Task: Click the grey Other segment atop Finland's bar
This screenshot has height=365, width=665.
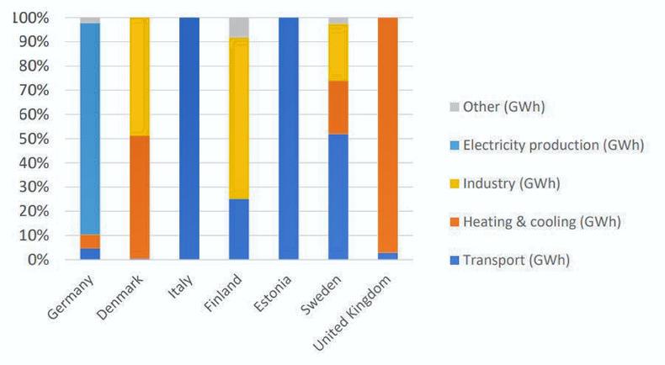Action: (x=238, y=27)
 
